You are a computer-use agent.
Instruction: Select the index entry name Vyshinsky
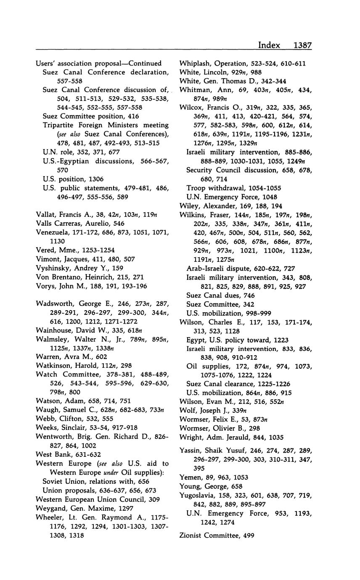(x=52, y=268)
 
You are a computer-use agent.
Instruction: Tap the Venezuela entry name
(x=53, y=232)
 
